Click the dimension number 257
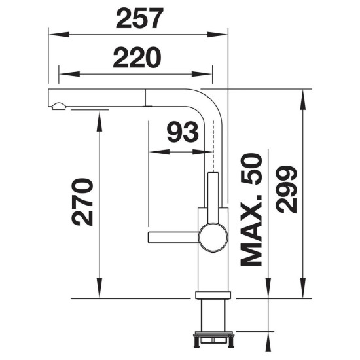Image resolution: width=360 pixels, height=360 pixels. click(139, 18)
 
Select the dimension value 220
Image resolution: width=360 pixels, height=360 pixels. click(137, 58)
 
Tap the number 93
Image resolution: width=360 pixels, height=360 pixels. click(183, 132)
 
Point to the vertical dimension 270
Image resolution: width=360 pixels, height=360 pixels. click(82, 202)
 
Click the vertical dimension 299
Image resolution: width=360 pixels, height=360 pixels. click(286, 189)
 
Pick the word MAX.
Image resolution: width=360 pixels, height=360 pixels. click(251, 230)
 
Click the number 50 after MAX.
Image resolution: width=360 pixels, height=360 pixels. click(251, 169)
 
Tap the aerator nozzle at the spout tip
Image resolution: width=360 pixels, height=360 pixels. click(59, 106)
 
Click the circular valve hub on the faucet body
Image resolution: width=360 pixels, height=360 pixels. click(213, 237)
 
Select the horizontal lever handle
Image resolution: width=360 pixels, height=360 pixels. click(173, 237)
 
